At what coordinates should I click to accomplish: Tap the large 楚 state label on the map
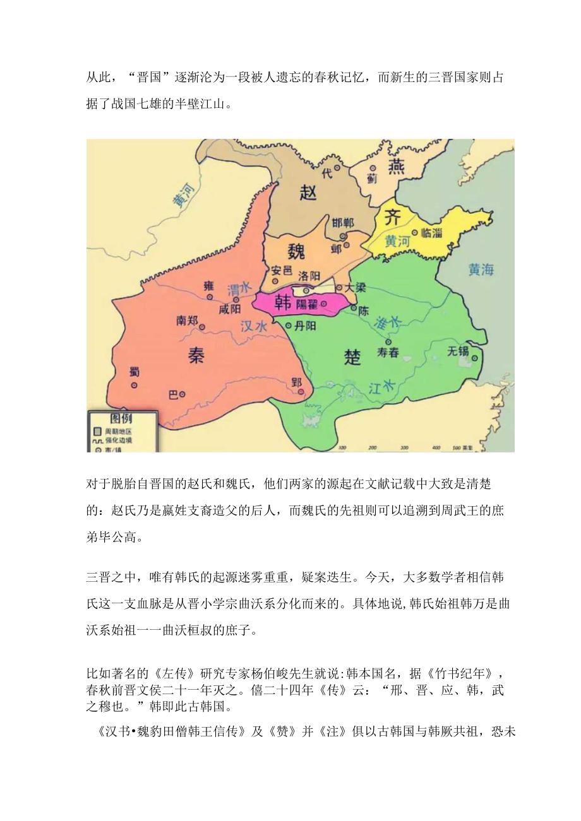click(352, 358)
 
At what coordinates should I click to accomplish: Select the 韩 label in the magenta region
click(283, 304)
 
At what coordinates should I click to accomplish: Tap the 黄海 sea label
click(481, 270)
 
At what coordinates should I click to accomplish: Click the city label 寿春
click(388, 353)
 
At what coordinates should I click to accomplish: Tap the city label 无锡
click(458, 351)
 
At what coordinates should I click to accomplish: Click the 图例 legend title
click(121, 418)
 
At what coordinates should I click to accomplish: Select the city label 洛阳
click(308, 276)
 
